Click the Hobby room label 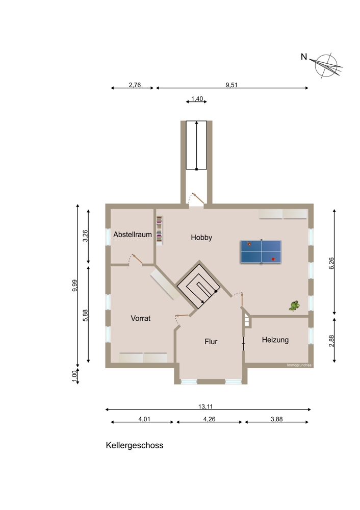tap(201, 238)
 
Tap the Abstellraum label tap(133, 235)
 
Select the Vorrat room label tap(141, 318)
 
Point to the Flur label tap(211, 342)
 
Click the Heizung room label tap(275, 340)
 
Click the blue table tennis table tap(261, 252)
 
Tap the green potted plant tap(294, 305)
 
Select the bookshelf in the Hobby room tap(160, 229)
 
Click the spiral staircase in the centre tap(199, 285)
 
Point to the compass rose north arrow tap(326, 65)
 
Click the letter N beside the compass tap(304, 57)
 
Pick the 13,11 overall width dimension tap(205, 406)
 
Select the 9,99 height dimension tap(75, 286)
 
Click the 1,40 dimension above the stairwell tap(197, 99)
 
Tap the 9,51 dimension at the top tap(232, 85)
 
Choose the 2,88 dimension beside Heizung tap(331, 341)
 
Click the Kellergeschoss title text tap(134, 445)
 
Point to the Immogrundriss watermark tap(299, 365)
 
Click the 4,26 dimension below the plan tap(210, 419)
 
